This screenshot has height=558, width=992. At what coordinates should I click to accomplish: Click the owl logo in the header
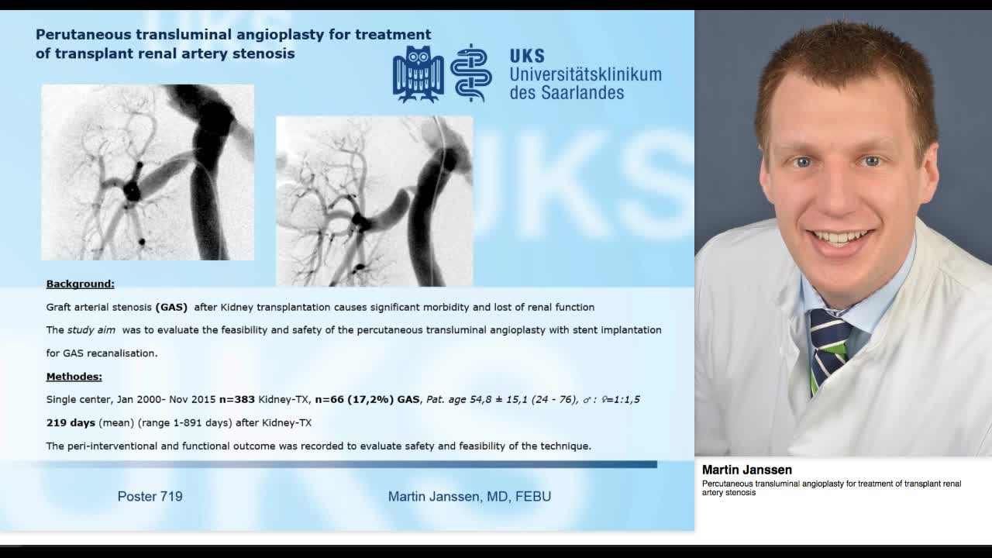418,74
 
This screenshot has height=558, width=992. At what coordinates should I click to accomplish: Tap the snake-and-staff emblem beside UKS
470,74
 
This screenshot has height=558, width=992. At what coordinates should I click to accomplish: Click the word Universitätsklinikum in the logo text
585,74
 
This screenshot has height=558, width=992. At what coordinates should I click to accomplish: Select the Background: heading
80,284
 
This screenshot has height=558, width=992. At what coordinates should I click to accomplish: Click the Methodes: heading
74,377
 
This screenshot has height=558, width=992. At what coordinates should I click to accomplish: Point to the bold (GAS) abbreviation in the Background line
171,307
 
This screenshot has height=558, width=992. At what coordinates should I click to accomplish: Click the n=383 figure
236,400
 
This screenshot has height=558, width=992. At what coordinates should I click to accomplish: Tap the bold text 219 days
71,423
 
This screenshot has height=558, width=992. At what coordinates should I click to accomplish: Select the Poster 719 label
150,496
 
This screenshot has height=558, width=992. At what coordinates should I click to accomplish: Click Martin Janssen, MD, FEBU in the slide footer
469,496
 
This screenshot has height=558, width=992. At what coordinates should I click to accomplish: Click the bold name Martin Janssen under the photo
746,470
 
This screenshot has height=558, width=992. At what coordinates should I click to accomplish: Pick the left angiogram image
147,172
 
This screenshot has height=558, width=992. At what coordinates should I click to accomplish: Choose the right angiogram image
374,201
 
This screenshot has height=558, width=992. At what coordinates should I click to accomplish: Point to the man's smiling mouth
838,237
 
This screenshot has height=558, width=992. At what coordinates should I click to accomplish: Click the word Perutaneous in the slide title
83,35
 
